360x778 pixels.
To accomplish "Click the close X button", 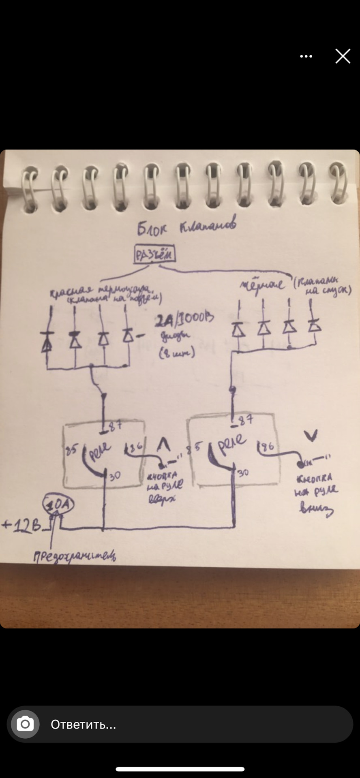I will click(x=343, y=56).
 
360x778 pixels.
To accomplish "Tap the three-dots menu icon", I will click(x=306, y=56).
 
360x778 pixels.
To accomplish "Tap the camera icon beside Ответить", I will click(x=25, y=724).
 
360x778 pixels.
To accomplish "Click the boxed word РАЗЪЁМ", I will click(x=155, y=255).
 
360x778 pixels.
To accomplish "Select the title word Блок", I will click(x=152, y=229).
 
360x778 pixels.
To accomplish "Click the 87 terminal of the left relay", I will click(x=115, y=425).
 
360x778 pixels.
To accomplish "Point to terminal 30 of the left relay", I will click(x=115, y=476).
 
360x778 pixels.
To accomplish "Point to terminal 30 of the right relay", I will click(x=243, y=472).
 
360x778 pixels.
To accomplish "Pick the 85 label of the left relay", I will click(x=72, y=450).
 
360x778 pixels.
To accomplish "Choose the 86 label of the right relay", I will click(x=267, y=447).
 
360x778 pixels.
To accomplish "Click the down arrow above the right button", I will click(x=311, y=436).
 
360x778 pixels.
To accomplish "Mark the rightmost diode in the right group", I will click(x=314, y=325).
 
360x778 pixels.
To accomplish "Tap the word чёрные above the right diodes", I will click(x=262, y=285).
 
